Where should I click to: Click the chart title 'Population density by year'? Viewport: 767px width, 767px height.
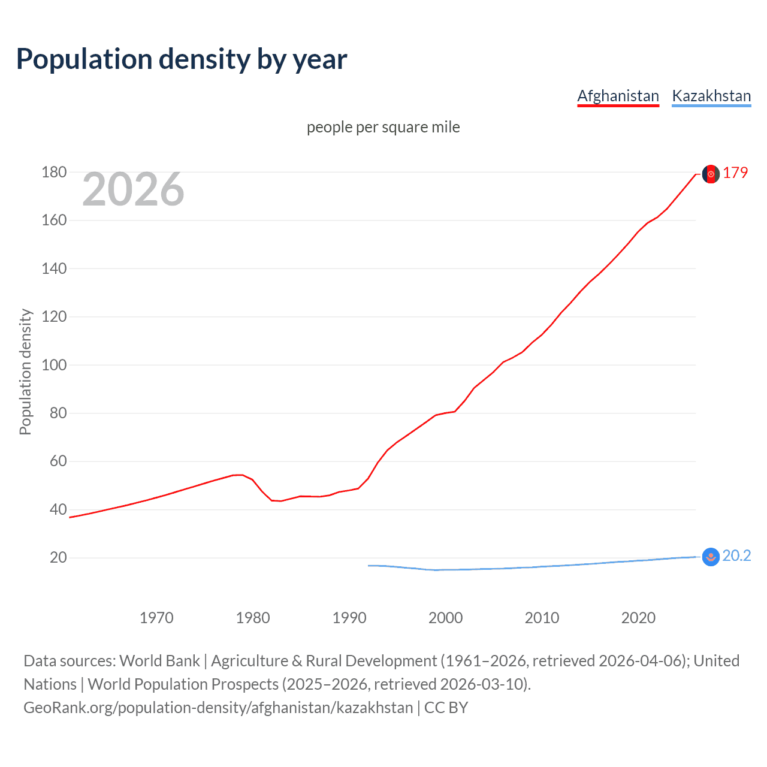click(x=182, y=59)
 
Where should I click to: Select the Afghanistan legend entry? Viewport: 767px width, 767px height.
click(x=618, y=96)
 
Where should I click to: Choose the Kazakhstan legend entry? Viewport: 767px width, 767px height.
click(x=711, y=96)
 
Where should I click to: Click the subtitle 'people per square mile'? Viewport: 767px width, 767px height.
click(x=383, y=127)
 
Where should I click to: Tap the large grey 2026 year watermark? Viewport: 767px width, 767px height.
click(x=133, y=189)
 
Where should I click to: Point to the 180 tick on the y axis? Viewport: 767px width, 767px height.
click(x=54, y=173)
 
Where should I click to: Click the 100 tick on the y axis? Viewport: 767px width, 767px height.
click(x=54, y=365)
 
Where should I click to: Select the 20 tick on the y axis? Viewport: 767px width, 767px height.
click(x=58, y=558)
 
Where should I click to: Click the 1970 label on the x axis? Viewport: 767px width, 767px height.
click(x=156, y=618)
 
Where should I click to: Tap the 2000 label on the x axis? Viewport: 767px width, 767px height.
click(x=445, y=618)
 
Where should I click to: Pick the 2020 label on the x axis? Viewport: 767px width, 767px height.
click(x=638, y=618)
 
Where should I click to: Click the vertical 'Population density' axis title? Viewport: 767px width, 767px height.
click(x=25, y=372)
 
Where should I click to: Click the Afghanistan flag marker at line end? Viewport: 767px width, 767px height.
click(x=711, y=174)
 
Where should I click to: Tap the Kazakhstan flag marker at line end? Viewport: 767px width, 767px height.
click(x=711, y=557)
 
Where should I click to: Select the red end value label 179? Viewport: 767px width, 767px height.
click(x=735, y=173)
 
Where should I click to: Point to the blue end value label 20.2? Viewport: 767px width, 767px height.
click(x=736, y=556)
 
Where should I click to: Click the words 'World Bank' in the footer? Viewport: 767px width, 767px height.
click(x=159, y=660)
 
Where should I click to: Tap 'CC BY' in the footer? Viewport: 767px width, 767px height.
click(x=446, y=707)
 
